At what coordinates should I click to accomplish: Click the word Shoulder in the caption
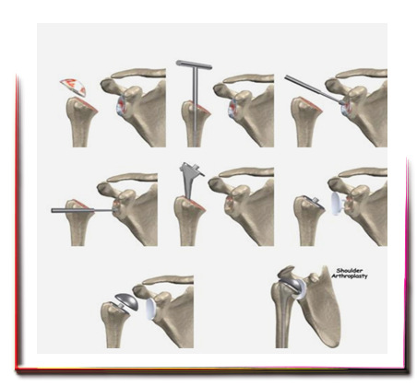tap(349, 271)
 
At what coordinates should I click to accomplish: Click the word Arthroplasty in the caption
tap(350, 276)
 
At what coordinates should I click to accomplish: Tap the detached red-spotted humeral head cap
tap(73, 88)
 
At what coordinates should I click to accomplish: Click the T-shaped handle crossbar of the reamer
tap(194, 64)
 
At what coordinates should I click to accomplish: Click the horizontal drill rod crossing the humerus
tap(83, 210)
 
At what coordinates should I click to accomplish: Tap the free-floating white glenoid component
tap(338, 203)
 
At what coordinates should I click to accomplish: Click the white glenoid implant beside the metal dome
tap(150, 309)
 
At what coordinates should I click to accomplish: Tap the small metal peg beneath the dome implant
tap(122, 306)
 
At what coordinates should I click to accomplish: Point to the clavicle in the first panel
tap(138, 74)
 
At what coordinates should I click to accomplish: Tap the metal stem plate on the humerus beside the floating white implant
tap(313, 202)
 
